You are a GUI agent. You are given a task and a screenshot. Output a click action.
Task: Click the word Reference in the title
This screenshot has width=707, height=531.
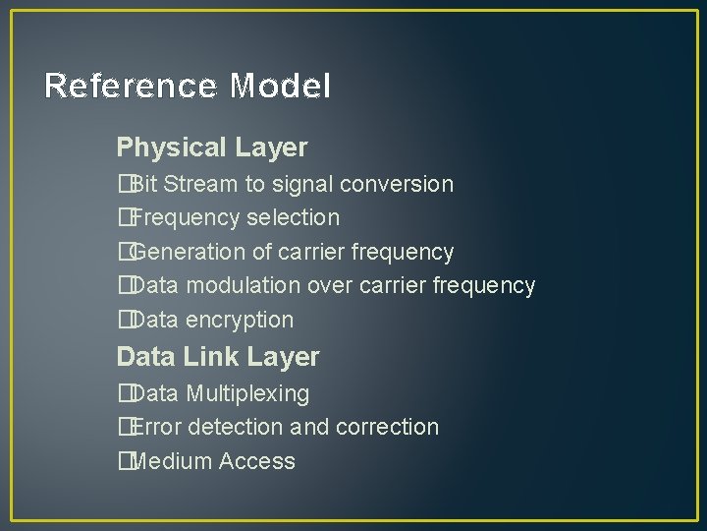(132, 87)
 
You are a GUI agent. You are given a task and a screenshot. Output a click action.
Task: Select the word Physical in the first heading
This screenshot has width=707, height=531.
(171, 148)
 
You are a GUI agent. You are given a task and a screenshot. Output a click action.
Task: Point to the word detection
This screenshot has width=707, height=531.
(235, 428)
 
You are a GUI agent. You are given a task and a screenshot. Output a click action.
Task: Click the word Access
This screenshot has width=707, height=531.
(257, 462)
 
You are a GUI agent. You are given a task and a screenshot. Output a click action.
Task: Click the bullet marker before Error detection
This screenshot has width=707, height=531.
(123, 428)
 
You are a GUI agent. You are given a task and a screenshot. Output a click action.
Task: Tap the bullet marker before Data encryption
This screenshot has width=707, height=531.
(123, 321)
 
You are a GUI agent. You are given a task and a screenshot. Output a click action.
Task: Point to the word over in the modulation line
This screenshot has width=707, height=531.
(329, 286)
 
